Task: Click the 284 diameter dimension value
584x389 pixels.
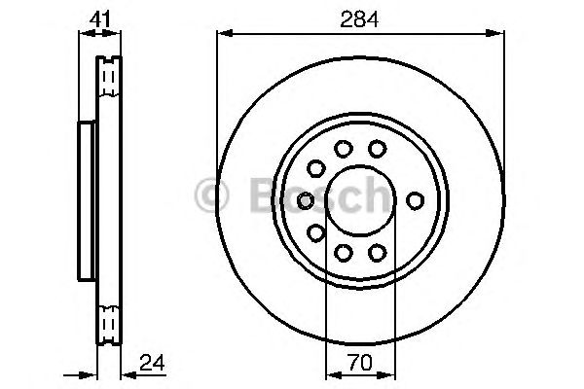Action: [359, 19]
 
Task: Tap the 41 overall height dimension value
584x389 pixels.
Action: [100, 19]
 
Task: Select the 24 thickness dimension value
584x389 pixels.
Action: [152, 363]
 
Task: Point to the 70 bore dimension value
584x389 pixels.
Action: [360, 363]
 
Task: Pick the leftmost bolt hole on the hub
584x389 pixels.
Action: [306, 200]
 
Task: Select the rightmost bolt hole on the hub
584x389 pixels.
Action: [415, 200]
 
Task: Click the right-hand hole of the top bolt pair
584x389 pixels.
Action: [377, 149]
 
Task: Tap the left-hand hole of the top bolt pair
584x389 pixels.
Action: [343, 149]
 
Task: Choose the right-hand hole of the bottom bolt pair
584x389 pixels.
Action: [377, 253]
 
